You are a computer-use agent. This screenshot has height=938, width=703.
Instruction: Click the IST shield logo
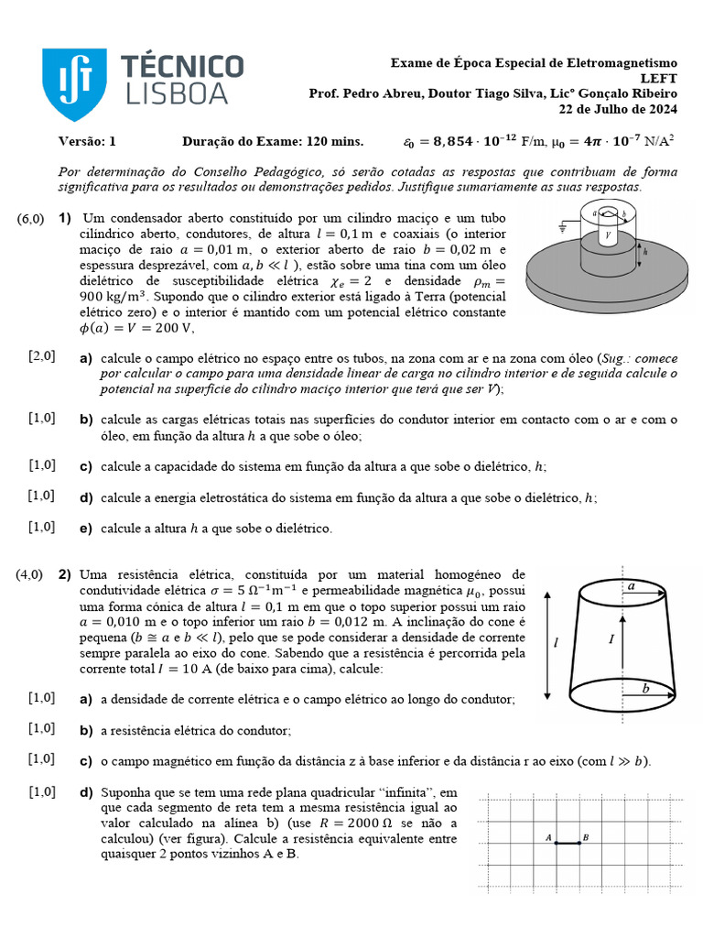73,83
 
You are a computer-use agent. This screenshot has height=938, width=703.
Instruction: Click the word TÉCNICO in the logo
183,67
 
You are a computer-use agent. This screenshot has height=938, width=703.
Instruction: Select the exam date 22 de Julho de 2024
618,110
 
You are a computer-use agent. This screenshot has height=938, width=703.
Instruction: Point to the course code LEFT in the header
659,79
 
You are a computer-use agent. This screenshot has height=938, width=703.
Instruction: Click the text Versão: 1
88,141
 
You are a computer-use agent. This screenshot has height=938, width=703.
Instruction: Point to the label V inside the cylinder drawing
608,235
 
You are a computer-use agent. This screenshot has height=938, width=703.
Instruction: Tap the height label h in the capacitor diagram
645,252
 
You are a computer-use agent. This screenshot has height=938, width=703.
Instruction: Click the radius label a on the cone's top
632,585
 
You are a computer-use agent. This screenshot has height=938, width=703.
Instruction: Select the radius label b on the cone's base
645,689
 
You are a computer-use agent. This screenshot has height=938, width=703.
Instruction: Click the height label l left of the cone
555,643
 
